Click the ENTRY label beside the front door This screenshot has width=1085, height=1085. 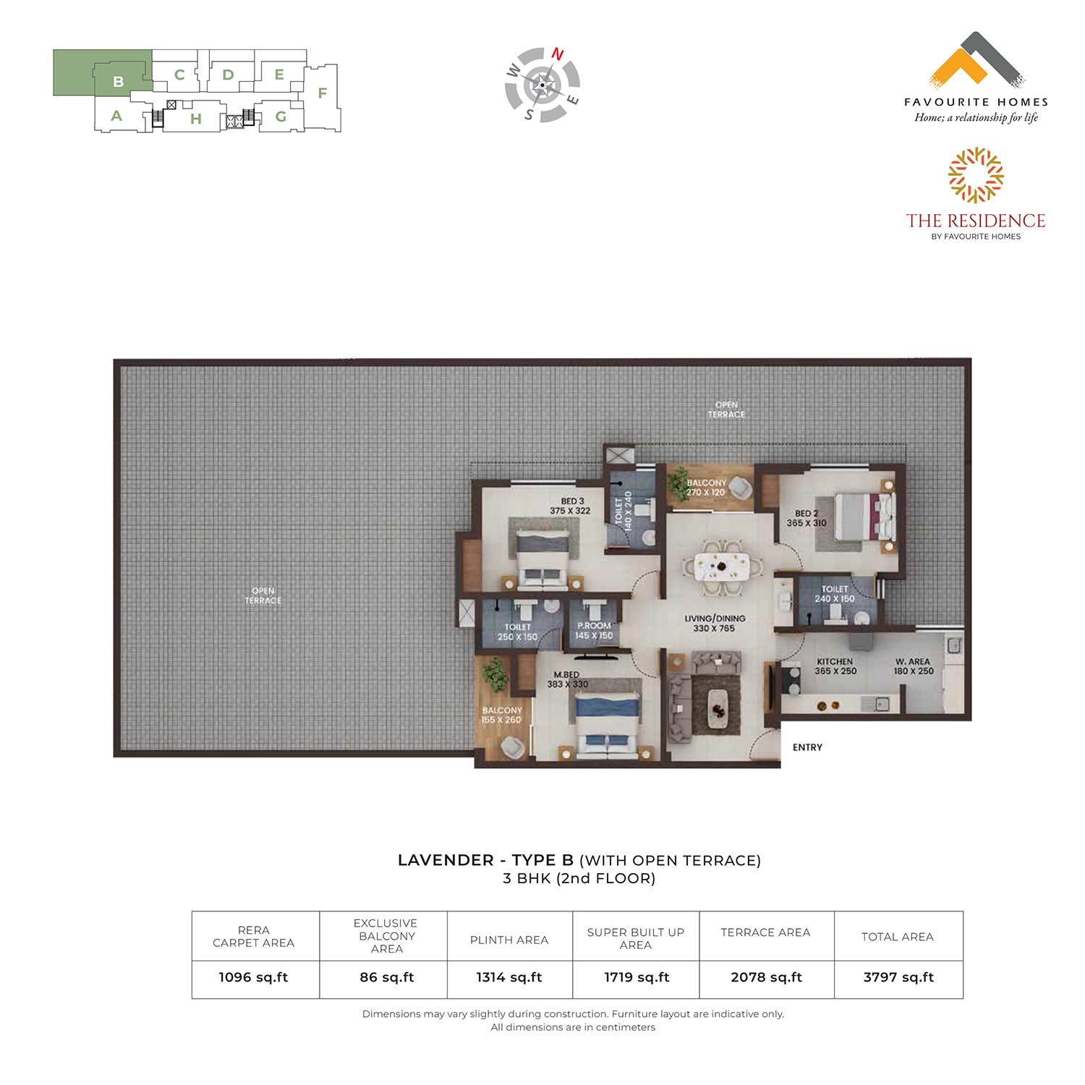pos(807,747)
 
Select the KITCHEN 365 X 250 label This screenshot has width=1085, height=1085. pos(835,666)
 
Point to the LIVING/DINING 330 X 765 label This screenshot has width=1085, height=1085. pos(715,624)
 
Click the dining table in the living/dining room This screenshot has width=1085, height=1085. pos(720,566)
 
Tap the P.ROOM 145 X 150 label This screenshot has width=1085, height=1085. pos(594,631)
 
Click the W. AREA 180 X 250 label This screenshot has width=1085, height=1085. pos(914,666)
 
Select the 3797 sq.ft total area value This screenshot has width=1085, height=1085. pos(898,977)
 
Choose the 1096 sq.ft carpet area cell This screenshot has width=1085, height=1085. pos(253,977)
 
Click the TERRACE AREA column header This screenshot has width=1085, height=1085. pos(765,932)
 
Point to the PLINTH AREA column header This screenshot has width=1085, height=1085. pos(509,940)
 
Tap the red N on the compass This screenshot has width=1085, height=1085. pos(558,54)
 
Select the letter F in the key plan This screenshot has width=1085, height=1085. pos(323,93)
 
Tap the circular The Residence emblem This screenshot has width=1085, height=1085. pos(976,175)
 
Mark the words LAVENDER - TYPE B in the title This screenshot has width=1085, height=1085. pos(485,860)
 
